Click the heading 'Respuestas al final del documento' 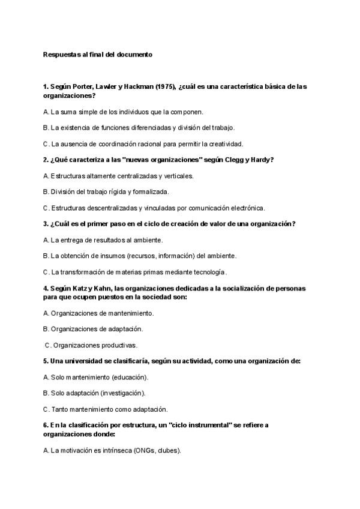point(98,54)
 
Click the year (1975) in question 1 point(165,86)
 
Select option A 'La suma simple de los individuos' point(124,112)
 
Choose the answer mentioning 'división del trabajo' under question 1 point(139,127)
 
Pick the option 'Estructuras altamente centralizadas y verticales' point(118,176)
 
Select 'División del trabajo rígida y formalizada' point(106,192)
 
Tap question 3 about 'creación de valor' point(169,224)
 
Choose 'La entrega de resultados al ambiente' point(103,240)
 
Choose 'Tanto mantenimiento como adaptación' point(106,409)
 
